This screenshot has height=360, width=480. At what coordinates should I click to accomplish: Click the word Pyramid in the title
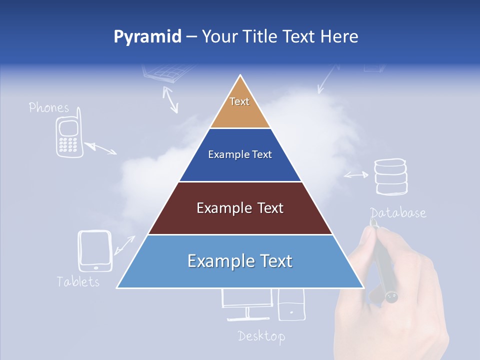[x=147, y=37]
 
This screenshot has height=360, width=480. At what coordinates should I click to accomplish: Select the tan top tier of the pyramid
[x=240, y=107]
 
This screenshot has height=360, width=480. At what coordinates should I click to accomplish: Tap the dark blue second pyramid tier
[x=240, y=155]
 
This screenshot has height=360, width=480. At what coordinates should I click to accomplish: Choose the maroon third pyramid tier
[x=240, y=208]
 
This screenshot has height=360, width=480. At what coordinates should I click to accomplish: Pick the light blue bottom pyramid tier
[x=240, y=261]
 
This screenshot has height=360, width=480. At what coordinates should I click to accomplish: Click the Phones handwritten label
[x=49, y=107]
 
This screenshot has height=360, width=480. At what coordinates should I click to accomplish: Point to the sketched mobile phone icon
[x=68, y=136]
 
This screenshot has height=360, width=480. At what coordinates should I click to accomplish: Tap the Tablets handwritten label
[x=78, y=281]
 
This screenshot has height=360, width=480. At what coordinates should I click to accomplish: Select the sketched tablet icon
[x=95, y=250]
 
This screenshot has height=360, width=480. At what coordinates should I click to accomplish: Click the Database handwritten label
[x=398, y=213]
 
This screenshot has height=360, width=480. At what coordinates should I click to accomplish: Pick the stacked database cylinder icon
[x=391, y=176]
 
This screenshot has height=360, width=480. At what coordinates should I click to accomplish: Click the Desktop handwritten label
[x=261, y=336]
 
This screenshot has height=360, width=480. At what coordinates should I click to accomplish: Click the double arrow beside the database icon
[x=355, y=175]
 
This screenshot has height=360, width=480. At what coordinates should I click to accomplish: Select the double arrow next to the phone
[x=100, y=148]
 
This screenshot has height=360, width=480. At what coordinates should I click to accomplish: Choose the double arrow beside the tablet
[x=124, y=245]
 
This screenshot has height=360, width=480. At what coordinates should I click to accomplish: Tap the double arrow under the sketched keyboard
[x=170, y=99]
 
